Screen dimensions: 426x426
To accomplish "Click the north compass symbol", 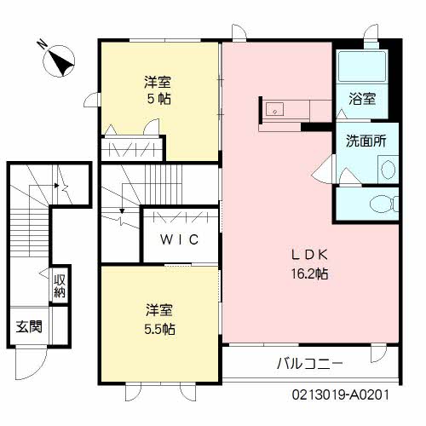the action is (x=59, y=61).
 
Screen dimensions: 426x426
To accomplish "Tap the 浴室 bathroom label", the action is (x=362, y=99).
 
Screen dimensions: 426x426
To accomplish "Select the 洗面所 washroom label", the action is (x=366, y=141).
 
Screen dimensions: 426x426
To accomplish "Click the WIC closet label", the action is (x=180, y=239).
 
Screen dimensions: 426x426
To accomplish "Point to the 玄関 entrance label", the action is (x=29, y=326).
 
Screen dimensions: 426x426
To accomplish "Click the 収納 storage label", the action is (x=60, y=285).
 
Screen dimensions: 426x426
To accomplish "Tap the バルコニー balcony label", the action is (x=310, y=363).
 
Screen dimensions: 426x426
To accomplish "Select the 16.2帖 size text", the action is (x=309, y=273).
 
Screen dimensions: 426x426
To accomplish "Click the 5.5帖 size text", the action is (x=159, y=329).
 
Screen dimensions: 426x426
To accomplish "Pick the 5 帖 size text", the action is (x=158, y=99).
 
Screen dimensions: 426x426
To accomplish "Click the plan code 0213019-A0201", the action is (x=341, y=394).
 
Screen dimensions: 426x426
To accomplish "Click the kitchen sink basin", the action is (x=274, y=109).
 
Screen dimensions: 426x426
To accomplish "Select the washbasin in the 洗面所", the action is (x=388, y=170).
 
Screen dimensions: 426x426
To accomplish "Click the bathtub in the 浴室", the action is (x=362, y=66).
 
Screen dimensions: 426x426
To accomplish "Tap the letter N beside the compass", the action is (x=42, y=44).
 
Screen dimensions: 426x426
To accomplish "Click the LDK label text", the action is (x=309, y=255).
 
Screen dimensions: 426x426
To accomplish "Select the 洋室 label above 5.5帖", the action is (x=159, y=310).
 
